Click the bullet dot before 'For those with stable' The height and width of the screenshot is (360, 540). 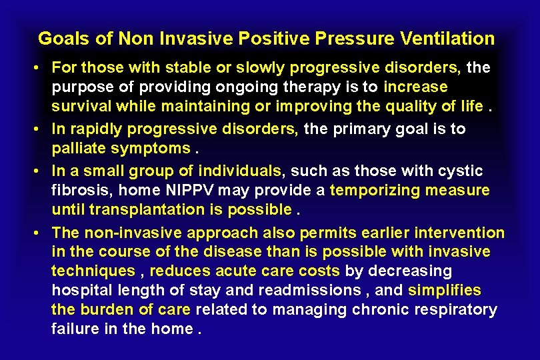41,68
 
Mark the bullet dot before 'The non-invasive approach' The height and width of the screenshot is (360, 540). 41,233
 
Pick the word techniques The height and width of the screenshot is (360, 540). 93,272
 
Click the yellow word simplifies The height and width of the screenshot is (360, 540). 444,291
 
